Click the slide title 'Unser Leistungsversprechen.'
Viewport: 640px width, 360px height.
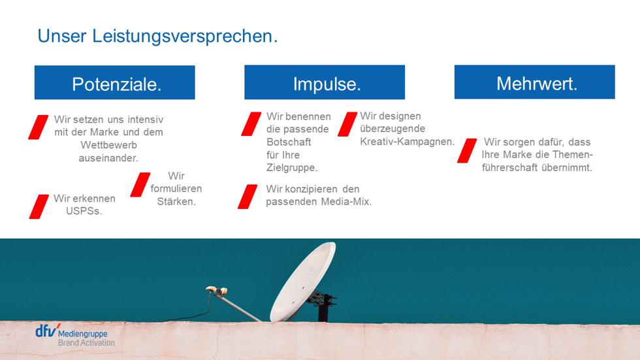(x=157, y=37)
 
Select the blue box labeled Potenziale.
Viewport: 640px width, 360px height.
(x=115, y=82)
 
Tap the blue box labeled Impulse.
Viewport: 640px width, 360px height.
(x=325, y=82)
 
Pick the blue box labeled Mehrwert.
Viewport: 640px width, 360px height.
(x=535, y=82)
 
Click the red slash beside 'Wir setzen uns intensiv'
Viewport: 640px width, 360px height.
(x=39, y=127)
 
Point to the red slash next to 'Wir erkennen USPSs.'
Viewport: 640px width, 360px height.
(x=39, y=206)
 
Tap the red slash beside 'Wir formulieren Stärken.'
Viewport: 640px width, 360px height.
(x=140, y=184)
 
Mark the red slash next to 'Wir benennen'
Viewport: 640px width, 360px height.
(x=251, y=124)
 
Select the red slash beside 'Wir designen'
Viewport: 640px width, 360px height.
(x=347, y=124)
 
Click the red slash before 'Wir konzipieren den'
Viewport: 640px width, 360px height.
(x=248, y=197)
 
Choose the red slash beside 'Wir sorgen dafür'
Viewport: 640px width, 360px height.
(x=467, y=151)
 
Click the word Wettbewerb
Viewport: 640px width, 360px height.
(x=108, y=145)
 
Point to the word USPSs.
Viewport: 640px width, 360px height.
(x=84, y=211)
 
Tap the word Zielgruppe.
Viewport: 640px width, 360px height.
(x=292, y=168)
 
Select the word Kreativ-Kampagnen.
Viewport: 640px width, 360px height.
(x=408, y=142)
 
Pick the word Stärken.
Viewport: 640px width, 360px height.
(x=176, y=202)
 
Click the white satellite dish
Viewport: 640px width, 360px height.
(x=303, y=282)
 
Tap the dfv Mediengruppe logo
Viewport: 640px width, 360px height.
(x=75, y=335)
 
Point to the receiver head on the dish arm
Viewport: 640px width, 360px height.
(x=216, y=290)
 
